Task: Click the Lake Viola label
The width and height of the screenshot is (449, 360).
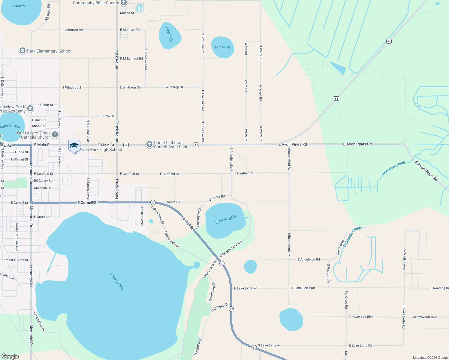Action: coord(21,6)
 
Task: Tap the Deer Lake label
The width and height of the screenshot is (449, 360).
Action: coord(169,35)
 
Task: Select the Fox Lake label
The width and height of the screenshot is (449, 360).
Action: coord(222,47)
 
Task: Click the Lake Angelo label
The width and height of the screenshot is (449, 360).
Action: coord(225,219)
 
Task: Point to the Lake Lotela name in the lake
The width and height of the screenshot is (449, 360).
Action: coord(117,281)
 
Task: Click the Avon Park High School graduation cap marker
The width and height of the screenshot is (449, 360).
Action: coord(74,146)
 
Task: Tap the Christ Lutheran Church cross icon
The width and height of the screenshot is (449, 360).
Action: coord(149,145)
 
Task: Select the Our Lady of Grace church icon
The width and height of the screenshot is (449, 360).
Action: coord(55,135)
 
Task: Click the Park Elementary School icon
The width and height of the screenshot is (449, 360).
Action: coord(23,51)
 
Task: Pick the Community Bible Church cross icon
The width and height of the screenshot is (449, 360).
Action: coord(124,3)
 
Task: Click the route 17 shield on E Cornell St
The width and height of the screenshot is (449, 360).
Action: coord(153,202)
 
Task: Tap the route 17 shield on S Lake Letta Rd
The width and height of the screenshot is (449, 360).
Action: coord(254,347)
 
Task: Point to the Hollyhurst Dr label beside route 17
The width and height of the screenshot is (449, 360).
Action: coord(220,307)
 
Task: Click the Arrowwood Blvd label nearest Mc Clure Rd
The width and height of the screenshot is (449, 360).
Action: coord(361,317)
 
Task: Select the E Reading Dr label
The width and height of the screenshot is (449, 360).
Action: coord(439,288)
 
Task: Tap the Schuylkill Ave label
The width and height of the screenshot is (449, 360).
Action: coord(405,259)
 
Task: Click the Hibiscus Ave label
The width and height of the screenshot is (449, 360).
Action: coord(142,215)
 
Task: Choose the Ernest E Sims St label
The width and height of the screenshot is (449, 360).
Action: coord(16,260)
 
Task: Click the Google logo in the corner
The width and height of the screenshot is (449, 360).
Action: coord(10,356)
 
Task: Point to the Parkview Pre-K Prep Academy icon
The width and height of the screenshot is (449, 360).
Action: coord(30,109)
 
